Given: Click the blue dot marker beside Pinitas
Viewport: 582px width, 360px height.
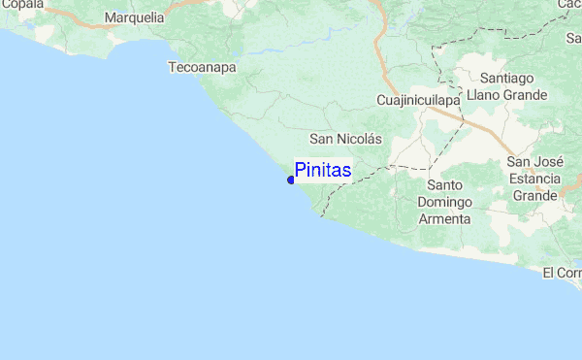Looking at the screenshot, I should coord(291,180).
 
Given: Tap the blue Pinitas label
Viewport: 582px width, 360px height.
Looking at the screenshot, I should coord(323,171).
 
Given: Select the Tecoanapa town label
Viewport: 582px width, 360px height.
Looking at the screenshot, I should coord(203,68).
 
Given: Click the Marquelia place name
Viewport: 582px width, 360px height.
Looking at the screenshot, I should coord(134,17).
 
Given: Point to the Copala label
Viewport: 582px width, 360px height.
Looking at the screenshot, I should coord(21,5).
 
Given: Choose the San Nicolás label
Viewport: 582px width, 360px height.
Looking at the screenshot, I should coord(345,139).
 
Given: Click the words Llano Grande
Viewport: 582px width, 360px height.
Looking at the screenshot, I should coord(507,95).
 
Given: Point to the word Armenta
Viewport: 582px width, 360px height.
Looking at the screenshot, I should coord(444,218).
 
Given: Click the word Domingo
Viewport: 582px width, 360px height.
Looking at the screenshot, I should coord(444,202).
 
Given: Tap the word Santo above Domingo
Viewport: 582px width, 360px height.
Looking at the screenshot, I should coord(444,184).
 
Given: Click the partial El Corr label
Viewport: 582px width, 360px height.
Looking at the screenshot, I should coord(563,273).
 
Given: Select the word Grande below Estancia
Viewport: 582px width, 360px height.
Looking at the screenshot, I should coord(534,196).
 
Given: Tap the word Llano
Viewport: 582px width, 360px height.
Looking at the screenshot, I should coord(483,95).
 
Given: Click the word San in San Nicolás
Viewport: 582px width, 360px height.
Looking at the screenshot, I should coord(322,139).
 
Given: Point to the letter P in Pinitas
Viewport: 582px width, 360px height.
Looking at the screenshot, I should coord(301,171).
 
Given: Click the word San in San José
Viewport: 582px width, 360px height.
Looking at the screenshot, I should coord(520,162).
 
